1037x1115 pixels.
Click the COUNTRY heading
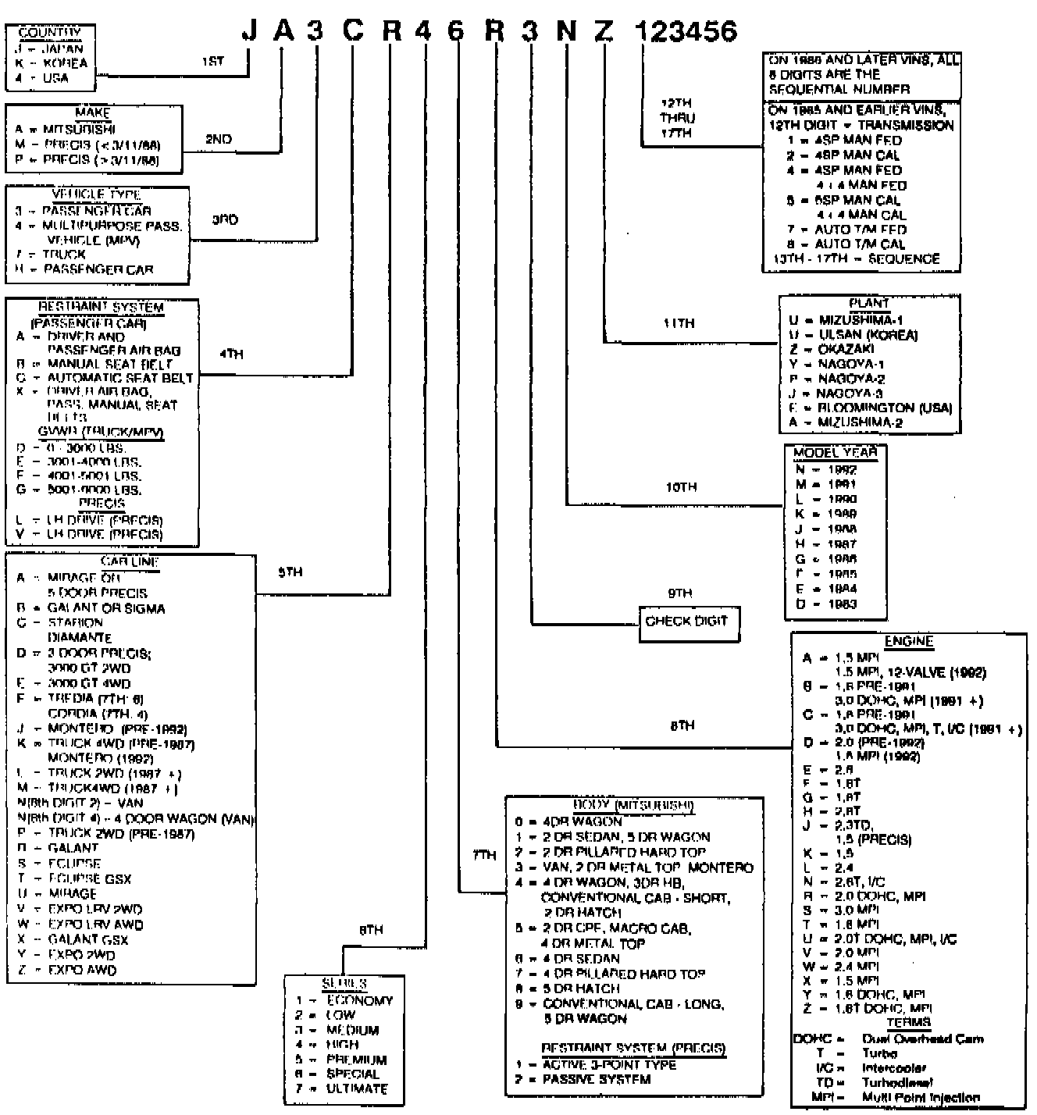pyautogui.click(x=49, y=33)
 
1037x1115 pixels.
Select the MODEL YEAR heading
pyautogui.click(x=835, y=453)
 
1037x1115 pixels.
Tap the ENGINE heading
pyautogui.click(x=909, y=642)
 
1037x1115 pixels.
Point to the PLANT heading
pyautogui.click(x=868, y=304)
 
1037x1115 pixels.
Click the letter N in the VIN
pyautogui.click(x=566, y=31)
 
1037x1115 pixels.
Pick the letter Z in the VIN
pyautogui.click(x=603, y=31)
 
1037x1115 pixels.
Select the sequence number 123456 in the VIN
pyautogui.click(x=686, y=31)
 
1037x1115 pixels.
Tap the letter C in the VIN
pyautogui.click(x=353, y=31)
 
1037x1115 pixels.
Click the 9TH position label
pyautogui.click(x=679, y=593)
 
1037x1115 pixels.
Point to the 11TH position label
pyautogui.click(x=679, y=323)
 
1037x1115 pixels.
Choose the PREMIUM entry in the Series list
pyautogui.click(x=356, y=1060)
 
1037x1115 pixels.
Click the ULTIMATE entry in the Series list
pyautogui.click(x=357, y=1088)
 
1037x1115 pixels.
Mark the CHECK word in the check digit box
pyautogui.click(x=664, y=622)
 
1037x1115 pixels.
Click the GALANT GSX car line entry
pyautogui.click(x=87, y=940)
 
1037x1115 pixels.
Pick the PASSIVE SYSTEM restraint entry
pyautogui.click(x=597, y=1080)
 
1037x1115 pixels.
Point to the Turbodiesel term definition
pyautogui.click(x=896, y=1083)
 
